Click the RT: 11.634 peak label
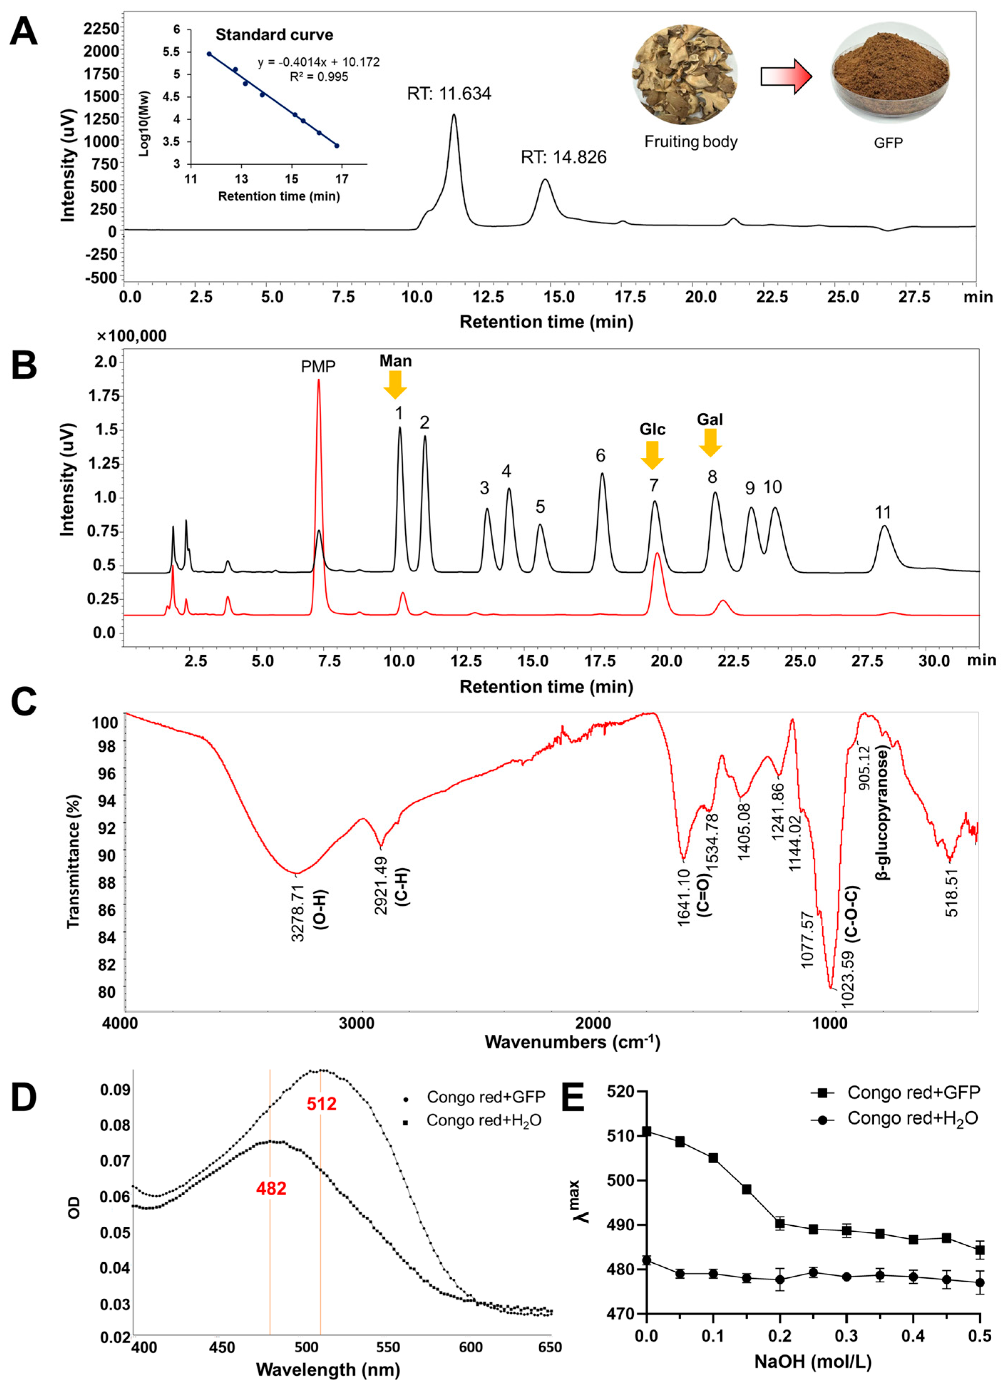449,94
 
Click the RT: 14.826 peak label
563,158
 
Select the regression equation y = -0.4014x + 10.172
318,62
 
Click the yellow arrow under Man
395,384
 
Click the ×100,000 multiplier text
132,336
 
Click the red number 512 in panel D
321,1103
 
